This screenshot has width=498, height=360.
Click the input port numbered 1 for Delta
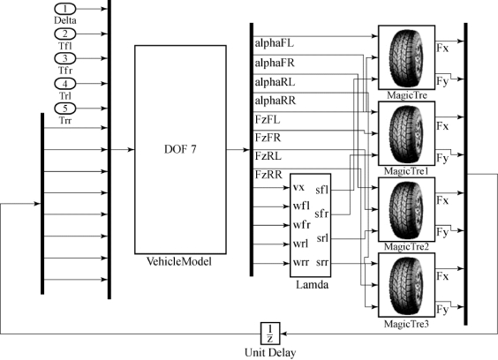pos(65,9)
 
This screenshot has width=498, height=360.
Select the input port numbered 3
pos(65,58)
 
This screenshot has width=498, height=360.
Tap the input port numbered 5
pos(65,109)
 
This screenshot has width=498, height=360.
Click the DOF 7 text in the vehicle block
pos(180,149)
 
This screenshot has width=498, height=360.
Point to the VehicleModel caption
pos(179,261)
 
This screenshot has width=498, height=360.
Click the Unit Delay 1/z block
pos(270,334)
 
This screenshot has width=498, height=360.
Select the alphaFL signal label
pos(274,43)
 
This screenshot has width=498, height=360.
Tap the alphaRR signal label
pos(275,101)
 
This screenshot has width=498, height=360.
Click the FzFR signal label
pos(268,138)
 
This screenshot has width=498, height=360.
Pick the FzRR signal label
pos(268,175)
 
